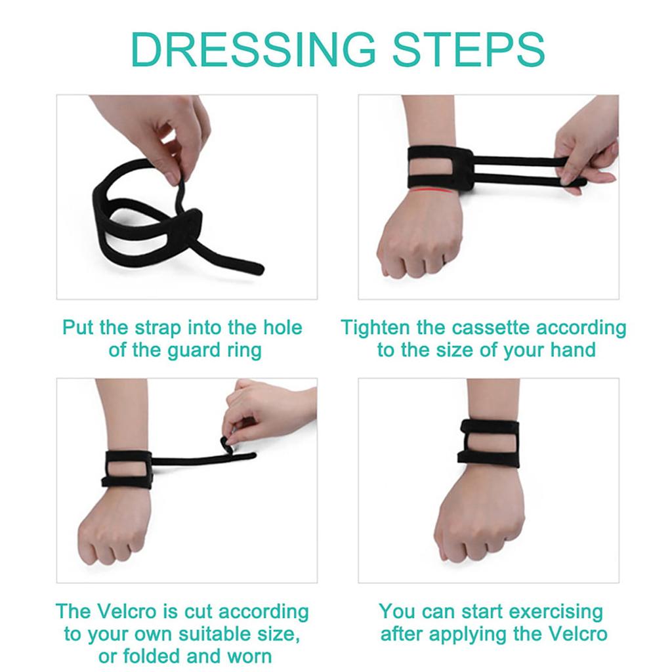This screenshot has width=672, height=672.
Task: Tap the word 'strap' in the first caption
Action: click(160, 327)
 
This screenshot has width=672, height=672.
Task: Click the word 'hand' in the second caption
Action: click(574, 350)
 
